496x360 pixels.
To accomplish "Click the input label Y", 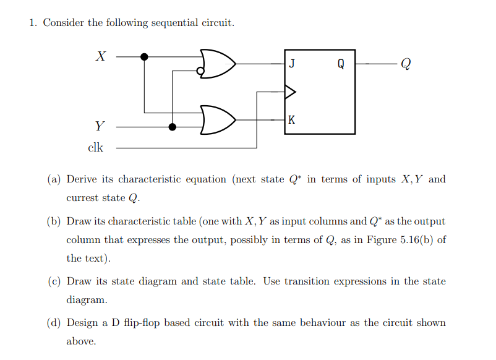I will [x=100, y=127].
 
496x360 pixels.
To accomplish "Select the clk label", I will [x=96, y=148].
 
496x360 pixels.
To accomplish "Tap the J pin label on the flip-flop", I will [x=292, y=63].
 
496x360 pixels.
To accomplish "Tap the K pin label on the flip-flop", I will [x=292, y=120].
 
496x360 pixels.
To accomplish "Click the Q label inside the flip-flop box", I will [x=341, y=64].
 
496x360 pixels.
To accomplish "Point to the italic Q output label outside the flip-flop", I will [x=405, y=64].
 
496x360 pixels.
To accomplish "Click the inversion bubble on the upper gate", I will [x=200, y=71].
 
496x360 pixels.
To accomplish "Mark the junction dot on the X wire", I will [x=144, y=57].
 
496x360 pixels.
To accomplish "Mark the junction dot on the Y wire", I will [x=173, y=127].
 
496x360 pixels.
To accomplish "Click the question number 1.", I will [x=33, y=23].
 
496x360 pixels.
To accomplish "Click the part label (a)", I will [x=54, y=179].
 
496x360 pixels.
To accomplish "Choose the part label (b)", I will [x=54, y=221].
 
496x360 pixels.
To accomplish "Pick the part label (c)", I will [x=54, y=281].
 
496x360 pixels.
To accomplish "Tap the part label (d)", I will [x=54, y=322].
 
